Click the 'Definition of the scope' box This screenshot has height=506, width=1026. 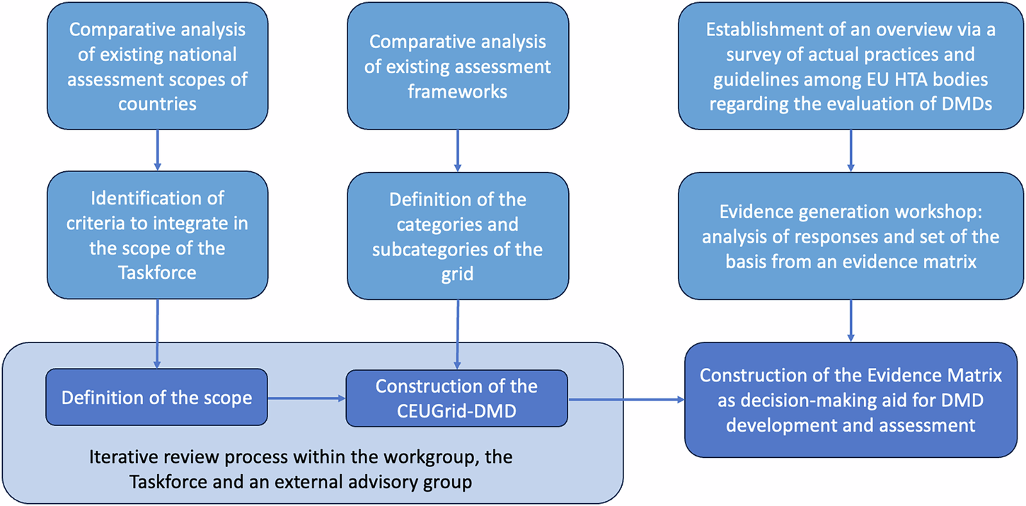[156, 398]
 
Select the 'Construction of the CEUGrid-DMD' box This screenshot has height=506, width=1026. [456, 398]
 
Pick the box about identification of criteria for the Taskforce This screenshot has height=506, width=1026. [157, 234]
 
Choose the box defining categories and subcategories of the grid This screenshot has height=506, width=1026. [457, 235]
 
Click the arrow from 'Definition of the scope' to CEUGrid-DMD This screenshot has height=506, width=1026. [306, 398]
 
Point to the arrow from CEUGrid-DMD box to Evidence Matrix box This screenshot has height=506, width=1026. [626, 399]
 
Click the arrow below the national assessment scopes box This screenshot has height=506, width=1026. [157, 150]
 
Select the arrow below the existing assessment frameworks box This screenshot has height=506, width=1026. [457, 150]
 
